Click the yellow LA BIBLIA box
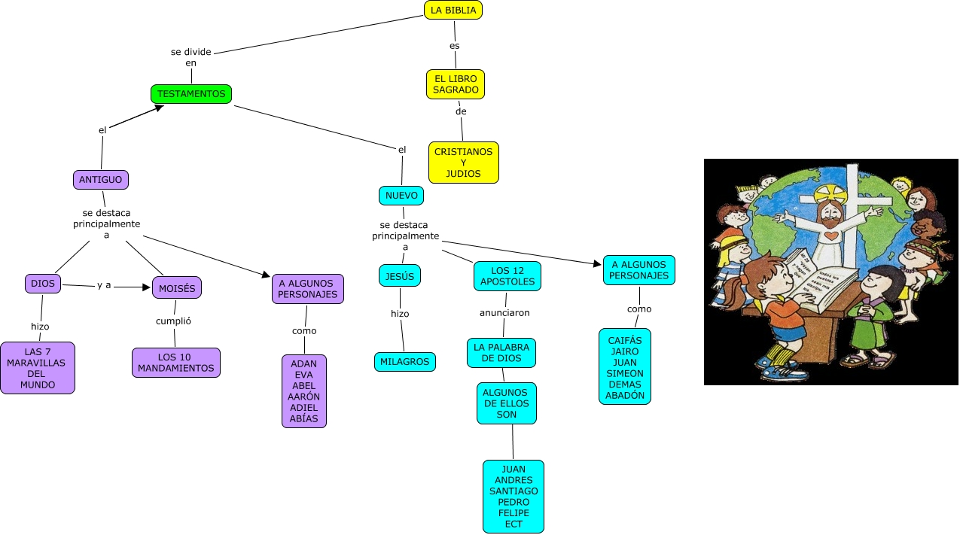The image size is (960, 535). [x=453, y=10]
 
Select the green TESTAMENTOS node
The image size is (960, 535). [x=191, y=94]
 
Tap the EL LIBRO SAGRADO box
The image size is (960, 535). [x=456, y=84]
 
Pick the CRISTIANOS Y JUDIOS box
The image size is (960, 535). [x=464, y=163]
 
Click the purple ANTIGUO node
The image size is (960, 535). [x=101, y=180]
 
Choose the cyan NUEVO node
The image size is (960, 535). [x=401, y=196]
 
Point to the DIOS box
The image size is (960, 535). [x=42, y=284]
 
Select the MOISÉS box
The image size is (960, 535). [x=178, y=287]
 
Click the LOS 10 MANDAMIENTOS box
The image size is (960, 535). [x=176, y=363]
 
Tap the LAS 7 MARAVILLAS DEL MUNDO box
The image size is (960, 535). [x=38, y=368]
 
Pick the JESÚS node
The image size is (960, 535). [x=400, y=276]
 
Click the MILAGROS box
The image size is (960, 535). [x=405, y=362]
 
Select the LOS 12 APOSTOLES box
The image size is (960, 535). [x=507, y=276]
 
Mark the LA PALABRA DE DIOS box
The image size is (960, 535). [x=501, y=352]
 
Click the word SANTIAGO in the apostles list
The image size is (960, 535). [x=514, y=491]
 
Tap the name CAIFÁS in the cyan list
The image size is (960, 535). [x=625, y=341]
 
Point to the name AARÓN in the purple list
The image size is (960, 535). [x=304, y=397]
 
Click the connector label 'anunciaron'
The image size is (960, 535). [x=504, y=312]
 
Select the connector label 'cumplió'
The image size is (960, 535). [x=173, y=321]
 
